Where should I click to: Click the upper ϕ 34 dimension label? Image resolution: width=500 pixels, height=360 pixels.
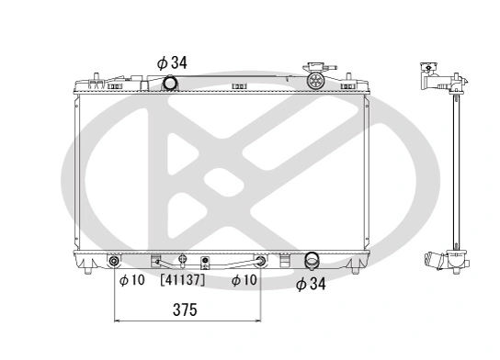(172, 62)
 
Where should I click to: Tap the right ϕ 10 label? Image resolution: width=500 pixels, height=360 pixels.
(244, 280)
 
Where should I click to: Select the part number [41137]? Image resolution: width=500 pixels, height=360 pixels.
(183, 280)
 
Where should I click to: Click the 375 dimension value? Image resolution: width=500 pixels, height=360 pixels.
(186, 309)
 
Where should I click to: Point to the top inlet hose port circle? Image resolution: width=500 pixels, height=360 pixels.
(169, 84)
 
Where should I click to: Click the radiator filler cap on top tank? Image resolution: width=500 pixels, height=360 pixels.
(315, 78)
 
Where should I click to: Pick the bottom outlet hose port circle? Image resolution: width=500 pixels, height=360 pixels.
(312, 262)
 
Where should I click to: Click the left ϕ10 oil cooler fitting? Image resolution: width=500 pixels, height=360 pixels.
(115, 262)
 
